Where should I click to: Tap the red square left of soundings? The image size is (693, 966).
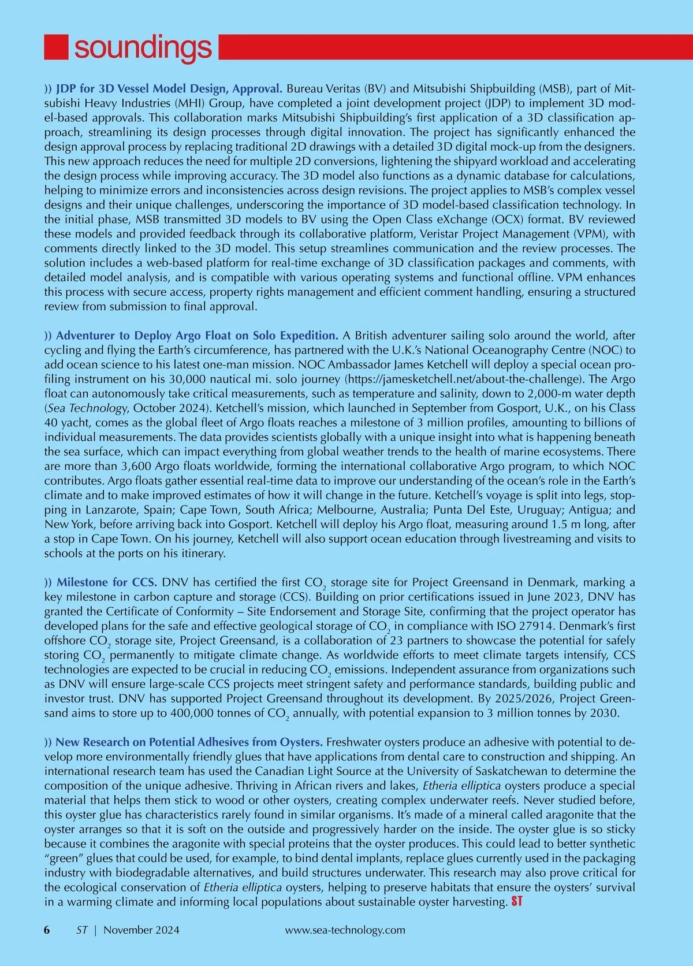[x=57, y=47]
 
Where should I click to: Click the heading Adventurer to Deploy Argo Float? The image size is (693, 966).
[x=196, y=336]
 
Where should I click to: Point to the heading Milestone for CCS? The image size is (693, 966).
[x=107, y=582]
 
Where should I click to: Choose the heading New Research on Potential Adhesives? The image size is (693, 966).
[x=189, y=742]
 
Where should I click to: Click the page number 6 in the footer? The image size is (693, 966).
[x=47, y=930]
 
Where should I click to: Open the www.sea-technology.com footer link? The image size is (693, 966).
[x=345, y=930]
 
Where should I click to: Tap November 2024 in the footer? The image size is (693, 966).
[x=141, y=930]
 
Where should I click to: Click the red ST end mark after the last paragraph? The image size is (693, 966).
[x=516, y=901]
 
